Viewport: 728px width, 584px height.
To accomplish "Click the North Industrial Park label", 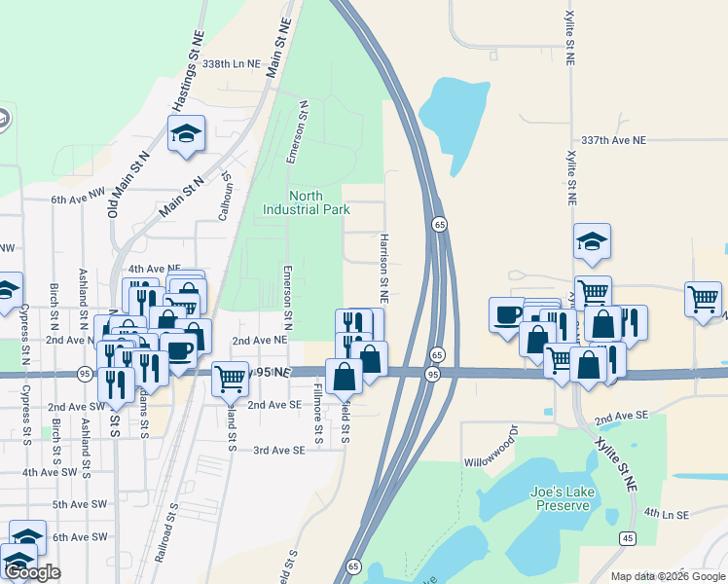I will click(x=307, y=201).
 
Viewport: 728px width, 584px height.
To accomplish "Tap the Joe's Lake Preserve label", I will click(x=562, y=497).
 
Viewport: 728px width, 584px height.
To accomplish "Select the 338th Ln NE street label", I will click(x=232, y=63).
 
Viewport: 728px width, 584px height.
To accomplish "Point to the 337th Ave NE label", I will click(x=613, y=140).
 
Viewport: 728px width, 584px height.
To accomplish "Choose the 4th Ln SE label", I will click(x=666, y=513).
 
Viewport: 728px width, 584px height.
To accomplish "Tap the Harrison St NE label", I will click(x=385, y=266).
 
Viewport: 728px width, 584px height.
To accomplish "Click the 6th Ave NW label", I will click(x=77, y=200).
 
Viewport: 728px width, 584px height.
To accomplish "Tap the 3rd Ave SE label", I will click(x=279, y=450).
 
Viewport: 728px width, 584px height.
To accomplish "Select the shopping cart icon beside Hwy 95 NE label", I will click(x=230, y=377).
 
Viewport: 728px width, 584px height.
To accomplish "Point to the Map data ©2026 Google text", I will click(x=668, y=576).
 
